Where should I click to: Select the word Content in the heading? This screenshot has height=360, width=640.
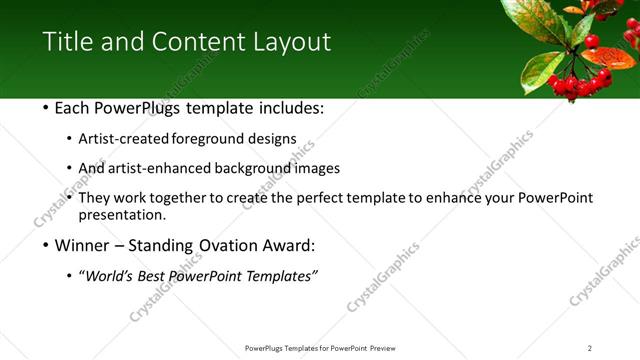(193, 42)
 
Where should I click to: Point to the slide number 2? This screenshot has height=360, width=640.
(590, 347)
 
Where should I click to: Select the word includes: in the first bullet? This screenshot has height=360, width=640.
(289, 107)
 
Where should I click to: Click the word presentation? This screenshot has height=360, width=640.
(122, 214)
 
